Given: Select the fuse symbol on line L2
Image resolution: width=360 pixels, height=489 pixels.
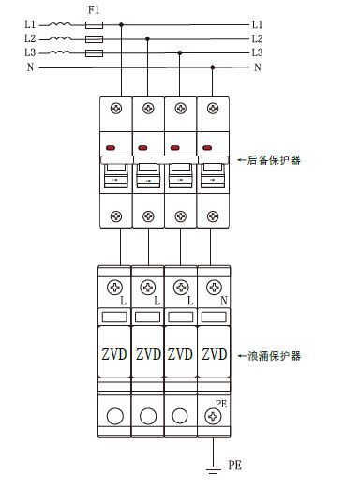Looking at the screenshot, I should pos(94,39).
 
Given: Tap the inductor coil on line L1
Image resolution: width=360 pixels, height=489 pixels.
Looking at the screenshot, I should pos(60,23).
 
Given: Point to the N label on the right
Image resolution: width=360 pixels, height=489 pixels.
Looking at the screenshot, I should pos(257,68).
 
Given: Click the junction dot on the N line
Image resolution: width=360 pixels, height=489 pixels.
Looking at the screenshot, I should pos(214,67).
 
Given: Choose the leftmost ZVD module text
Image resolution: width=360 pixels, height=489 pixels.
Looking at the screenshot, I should pos(114,356).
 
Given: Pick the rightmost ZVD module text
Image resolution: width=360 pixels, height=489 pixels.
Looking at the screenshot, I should pos(214,356).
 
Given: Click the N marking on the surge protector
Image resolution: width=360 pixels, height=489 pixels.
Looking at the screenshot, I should pos(222,302).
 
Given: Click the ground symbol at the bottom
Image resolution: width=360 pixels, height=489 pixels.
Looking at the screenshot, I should pos(215,466).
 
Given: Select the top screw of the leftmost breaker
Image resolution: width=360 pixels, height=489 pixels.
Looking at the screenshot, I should pos(116,109).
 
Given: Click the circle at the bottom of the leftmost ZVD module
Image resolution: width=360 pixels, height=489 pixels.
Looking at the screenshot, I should pos(114,415).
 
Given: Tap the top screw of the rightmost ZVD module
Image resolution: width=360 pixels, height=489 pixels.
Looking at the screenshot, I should pos(214,288).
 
